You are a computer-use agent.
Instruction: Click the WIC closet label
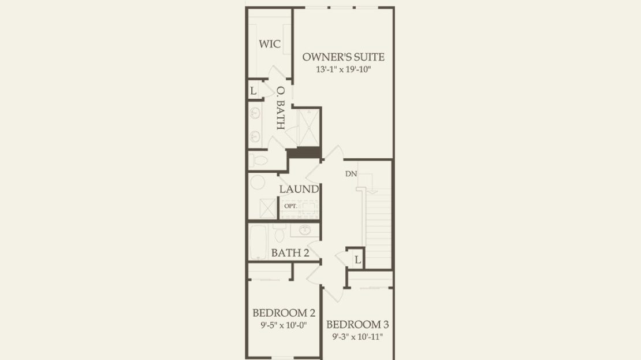pyautogui.click(x=270, y=44)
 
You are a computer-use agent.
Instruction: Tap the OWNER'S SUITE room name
pyautogui.click(x=344, y=57)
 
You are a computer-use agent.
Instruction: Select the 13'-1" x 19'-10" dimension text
pyautogui.click(x=344, y=69)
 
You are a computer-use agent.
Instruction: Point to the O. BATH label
pyautogui.click(x=281, y=108)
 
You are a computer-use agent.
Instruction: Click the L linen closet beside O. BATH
pyautogui.click(x=254, y=91)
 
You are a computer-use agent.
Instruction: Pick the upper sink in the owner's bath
pyautogui.click(x=255, y=113)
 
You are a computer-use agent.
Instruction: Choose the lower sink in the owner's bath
pyautogui.click(x=255, y=136)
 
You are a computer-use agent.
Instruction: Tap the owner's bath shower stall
pyautogui.click(x=309, y=127)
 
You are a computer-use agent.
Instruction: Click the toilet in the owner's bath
pyautogui.click(x=258, y=160)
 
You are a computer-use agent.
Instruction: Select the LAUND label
pyautogui.click(x=299, y=189)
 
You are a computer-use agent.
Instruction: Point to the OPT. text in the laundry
pyautogui.click(x=290, y=206)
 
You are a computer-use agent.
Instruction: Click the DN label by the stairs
pyautogui.click(x=351, y=174)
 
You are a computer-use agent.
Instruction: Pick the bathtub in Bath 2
pyautogui.click(x=258, y=242)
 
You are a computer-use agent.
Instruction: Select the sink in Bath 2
pyautogui.click(x=304, y=230)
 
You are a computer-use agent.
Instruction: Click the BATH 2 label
pyautogui.click(x=290, y=253)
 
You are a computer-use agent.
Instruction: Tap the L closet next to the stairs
pyautogui.click(x=357, y=260)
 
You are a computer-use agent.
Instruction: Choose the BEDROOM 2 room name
pyautogui.click(x=284, y=313)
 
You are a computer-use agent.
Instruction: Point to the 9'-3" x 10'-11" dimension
pyautogui.click(x=357, y=337)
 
